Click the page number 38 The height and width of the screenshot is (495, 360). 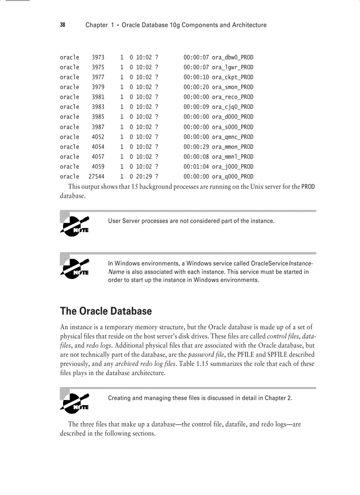point(63,25)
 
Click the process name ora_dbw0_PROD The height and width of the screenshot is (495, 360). point(232,57)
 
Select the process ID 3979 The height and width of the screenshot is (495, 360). point(98,87)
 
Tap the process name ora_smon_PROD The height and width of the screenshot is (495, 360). point(232,87)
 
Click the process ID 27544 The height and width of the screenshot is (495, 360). point(97,176)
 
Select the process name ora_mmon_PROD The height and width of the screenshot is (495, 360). point(232,147)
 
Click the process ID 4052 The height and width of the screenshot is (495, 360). point(98,137)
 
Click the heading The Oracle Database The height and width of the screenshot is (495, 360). point(106,311)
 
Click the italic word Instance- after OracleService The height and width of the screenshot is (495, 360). point(300,263)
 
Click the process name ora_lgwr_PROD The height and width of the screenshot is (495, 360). point(232,67)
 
